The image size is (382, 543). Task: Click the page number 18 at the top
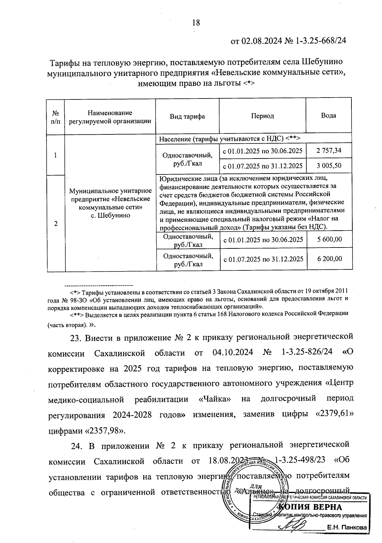tap(196, 23)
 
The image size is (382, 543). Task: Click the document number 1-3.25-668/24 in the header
tap(321, 41)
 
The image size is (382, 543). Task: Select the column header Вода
tap(328, 116)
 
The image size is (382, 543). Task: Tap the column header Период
tap(262, 116)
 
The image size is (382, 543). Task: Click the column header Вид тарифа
tap(187, 116)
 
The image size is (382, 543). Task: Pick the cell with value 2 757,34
tap(329, 150)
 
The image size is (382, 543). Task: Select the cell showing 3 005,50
tap(329, 166)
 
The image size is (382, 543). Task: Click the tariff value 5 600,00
tap(329, 239)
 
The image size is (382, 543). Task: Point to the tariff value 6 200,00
tap(329, 259)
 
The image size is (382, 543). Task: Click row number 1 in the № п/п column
tap(56, 155)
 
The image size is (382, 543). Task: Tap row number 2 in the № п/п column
tap(56, 224)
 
